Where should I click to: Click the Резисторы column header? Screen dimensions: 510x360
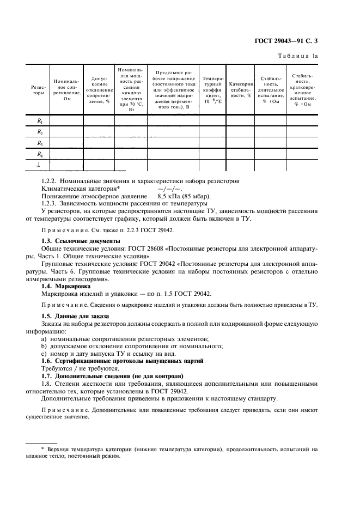39,90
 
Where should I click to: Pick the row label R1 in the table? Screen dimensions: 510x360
40,122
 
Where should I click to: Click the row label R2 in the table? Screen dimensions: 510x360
40,132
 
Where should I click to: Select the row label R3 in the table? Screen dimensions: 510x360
40,143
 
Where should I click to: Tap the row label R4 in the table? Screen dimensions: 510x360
40,154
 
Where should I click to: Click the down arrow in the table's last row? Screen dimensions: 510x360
39,165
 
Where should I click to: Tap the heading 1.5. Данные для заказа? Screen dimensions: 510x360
76,316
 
